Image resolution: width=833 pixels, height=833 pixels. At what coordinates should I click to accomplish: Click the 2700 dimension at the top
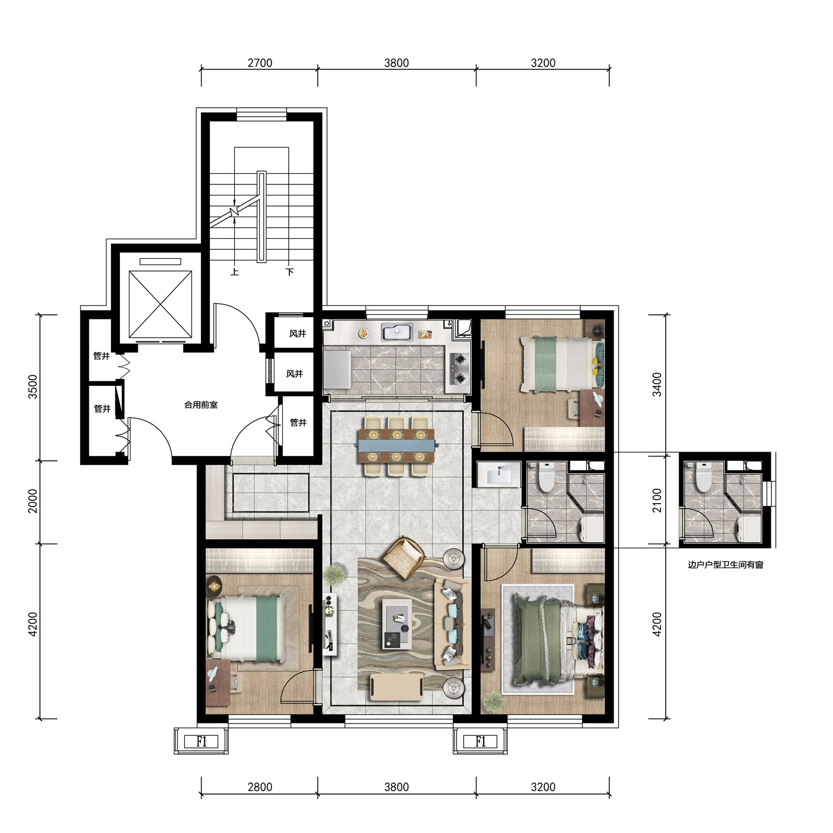(x=260, y=63)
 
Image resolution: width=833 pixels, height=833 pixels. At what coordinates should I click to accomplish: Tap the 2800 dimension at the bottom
(x=260, y=787)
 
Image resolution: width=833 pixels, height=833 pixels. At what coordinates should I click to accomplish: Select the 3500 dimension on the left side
(x=33, y=387)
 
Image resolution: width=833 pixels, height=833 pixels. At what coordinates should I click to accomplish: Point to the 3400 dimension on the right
(x=657, y=384)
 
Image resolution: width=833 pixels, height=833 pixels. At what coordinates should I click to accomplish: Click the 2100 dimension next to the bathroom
(x=657, y=500)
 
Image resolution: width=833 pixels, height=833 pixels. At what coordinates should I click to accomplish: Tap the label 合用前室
(x=201, y=405)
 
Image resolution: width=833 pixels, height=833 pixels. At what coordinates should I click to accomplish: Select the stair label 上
(x=235, y=272)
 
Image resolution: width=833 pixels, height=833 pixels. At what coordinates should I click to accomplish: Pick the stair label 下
(x=289, y=272)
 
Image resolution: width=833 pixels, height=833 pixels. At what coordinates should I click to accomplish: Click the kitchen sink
(x=396, y=332)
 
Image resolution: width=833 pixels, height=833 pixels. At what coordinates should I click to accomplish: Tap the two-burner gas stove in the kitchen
(x=459, y=369)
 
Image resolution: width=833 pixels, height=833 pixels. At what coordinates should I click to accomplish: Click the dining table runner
(x=397, y=444)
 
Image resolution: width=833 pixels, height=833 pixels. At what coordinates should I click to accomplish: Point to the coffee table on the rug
(x=397, y=626)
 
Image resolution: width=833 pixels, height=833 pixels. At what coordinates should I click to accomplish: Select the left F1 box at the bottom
(x=202, y=741)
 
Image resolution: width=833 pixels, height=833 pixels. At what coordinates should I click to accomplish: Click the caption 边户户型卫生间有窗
(x=725, y=565)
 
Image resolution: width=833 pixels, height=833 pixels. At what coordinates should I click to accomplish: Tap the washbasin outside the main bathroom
(x=498, y=475)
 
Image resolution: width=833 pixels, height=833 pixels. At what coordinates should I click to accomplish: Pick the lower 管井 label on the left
(x=102, y=409)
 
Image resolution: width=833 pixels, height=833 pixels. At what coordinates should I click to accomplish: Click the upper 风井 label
(x=298, y=334)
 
